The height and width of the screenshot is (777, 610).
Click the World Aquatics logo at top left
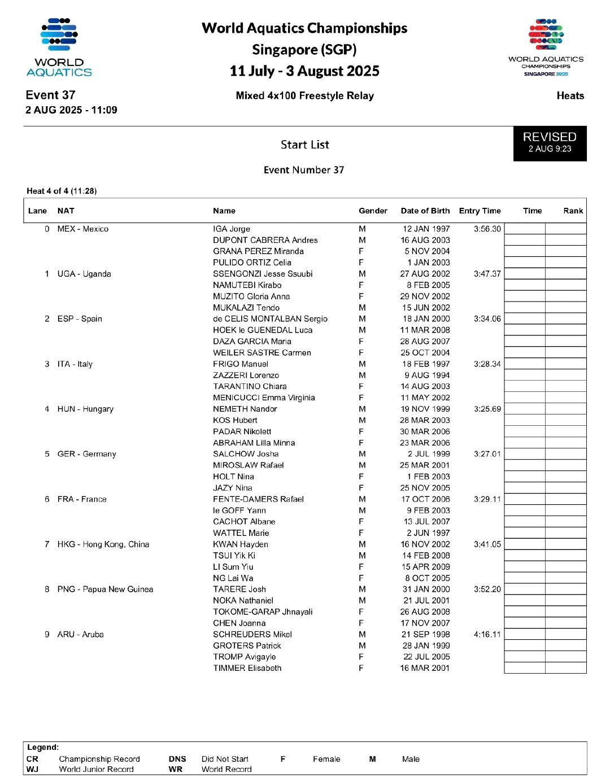coord(59,47)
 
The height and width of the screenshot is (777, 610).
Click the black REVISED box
coord(550,143)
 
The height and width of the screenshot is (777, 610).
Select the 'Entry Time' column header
coord(480,211)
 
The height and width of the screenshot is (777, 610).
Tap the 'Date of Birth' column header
coord(425,211)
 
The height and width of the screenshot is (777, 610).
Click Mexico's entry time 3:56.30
coord(487,229)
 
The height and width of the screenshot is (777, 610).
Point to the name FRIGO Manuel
coord(241,364)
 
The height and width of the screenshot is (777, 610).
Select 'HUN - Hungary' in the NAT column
coord(85,409)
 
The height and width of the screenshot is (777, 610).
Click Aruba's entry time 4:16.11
coord(487,634)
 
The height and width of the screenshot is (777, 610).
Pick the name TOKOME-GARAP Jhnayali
coord(263,612)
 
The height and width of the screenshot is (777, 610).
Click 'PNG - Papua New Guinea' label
coord(105,589)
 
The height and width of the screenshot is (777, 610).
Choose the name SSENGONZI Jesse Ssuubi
coord(263,274)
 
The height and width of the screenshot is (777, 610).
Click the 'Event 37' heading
coord(50,95)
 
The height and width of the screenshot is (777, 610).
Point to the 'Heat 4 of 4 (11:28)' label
coord(62,191)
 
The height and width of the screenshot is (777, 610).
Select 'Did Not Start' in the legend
coord(225,759)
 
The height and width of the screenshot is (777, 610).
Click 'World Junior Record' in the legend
coord(96,769)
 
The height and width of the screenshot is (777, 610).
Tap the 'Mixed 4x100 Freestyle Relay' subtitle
coord(304,95)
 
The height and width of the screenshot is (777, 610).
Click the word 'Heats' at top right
coord(570,95)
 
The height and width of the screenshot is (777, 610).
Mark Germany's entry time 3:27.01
coord(487,454)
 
